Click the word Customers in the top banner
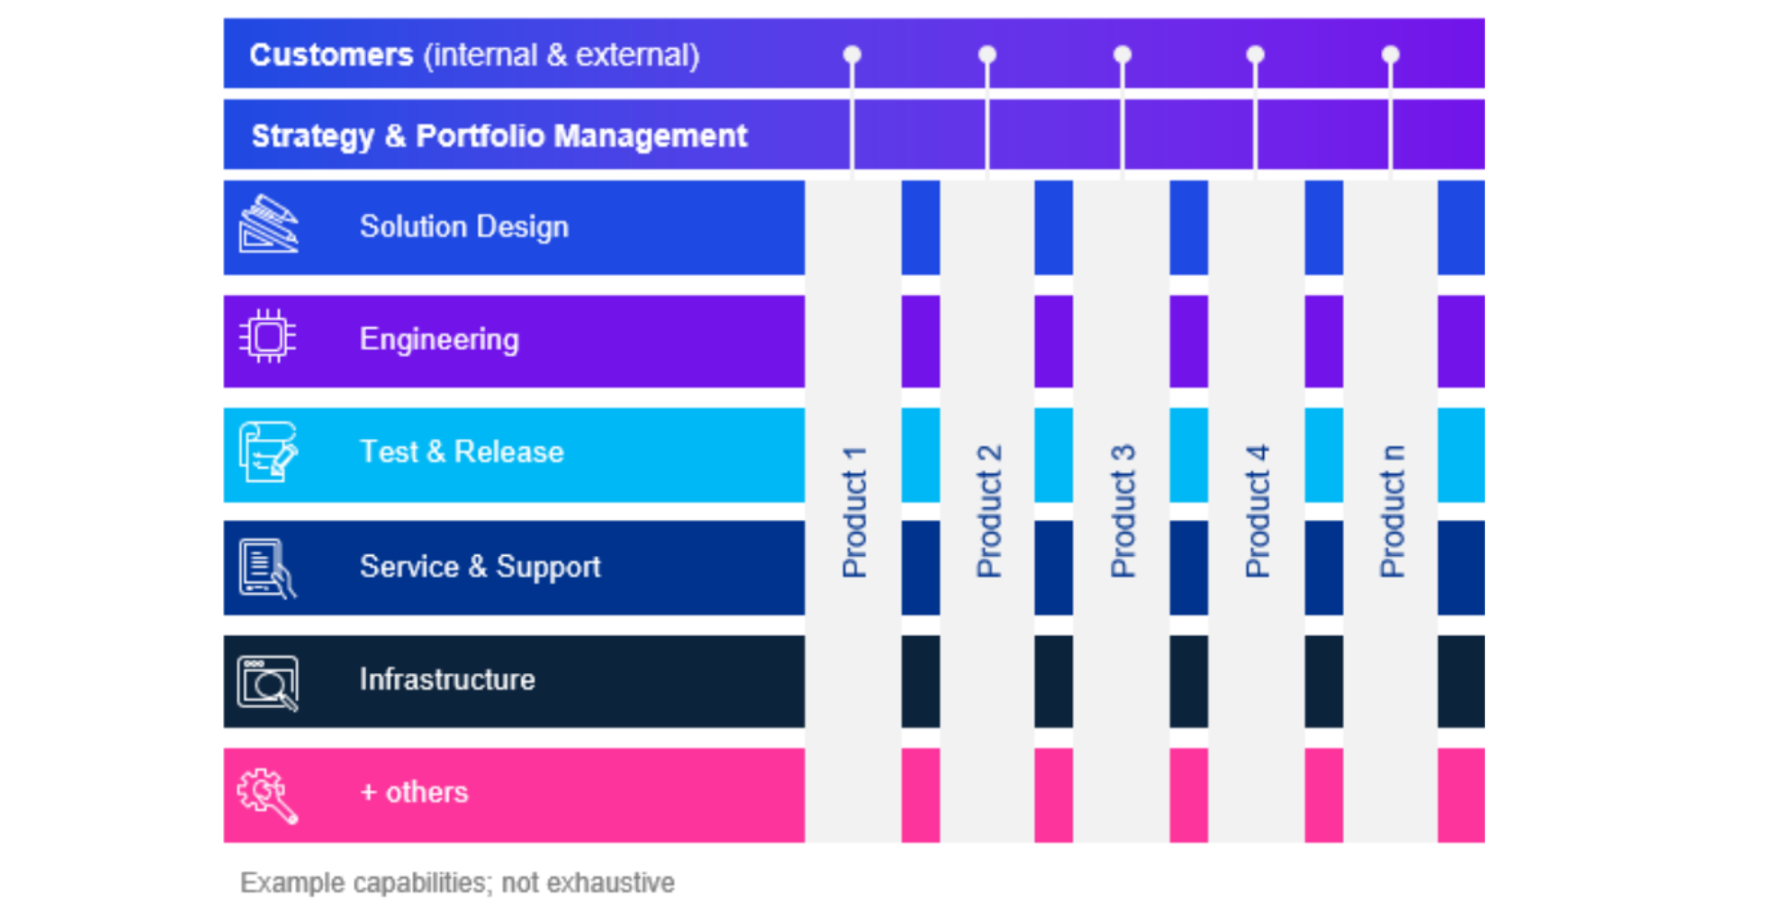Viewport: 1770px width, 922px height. tap(331, 55)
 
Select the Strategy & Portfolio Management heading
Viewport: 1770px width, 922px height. tap(499, 136)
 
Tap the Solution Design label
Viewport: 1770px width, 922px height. tap(464, 227)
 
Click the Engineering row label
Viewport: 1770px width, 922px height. tap(439, 339)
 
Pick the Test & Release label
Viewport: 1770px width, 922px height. tap(461, 452)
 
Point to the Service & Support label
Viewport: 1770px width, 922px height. tap(479, 566)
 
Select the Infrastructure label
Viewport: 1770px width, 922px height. tap(447, 680)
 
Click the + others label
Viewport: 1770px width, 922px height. tap(414, 792)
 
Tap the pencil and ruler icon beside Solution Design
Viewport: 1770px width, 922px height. tap(268, 224)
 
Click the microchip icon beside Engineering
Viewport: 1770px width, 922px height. tap(267, 337)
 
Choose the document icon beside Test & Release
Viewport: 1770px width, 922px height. tap(268, 452)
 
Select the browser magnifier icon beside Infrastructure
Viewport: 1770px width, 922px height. tap(268, 682)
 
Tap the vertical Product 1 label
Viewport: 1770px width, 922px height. tap(855, 512)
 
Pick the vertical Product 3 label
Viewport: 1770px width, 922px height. tap(1123, 512)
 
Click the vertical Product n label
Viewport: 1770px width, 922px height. tap(1392, 512)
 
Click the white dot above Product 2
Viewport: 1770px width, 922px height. tap(987, 54)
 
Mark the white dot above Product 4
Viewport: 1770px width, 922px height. tap(1256, 54)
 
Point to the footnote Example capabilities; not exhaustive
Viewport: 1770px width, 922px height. tap(457, 882)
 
